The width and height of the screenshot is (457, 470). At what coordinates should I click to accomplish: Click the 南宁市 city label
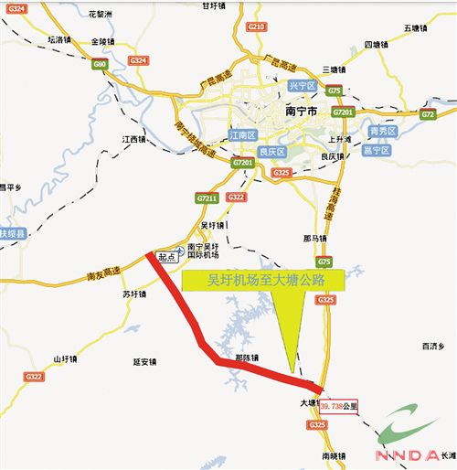tap(301, 111)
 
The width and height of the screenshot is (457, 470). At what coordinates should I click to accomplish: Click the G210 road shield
tap(257, 27)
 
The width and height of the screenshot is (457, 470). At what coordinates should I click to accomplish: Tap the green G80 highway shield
tap(99, 66)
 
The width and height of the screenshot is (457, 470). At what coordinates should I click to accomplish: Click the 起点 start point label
tap(166, 258)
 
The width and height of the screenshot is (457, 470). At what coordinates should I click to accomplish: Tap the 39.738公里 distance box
tap(340, 403)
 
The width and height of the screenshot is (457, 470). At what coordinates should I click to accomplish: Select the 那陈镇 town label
tap(247, 358)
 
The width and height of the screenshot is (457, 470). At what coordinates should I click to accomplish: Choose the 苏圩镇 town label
tap(133, 295)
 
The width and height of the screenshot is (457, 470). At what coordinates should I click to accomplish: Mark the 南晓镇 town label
tap(335, 454)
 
